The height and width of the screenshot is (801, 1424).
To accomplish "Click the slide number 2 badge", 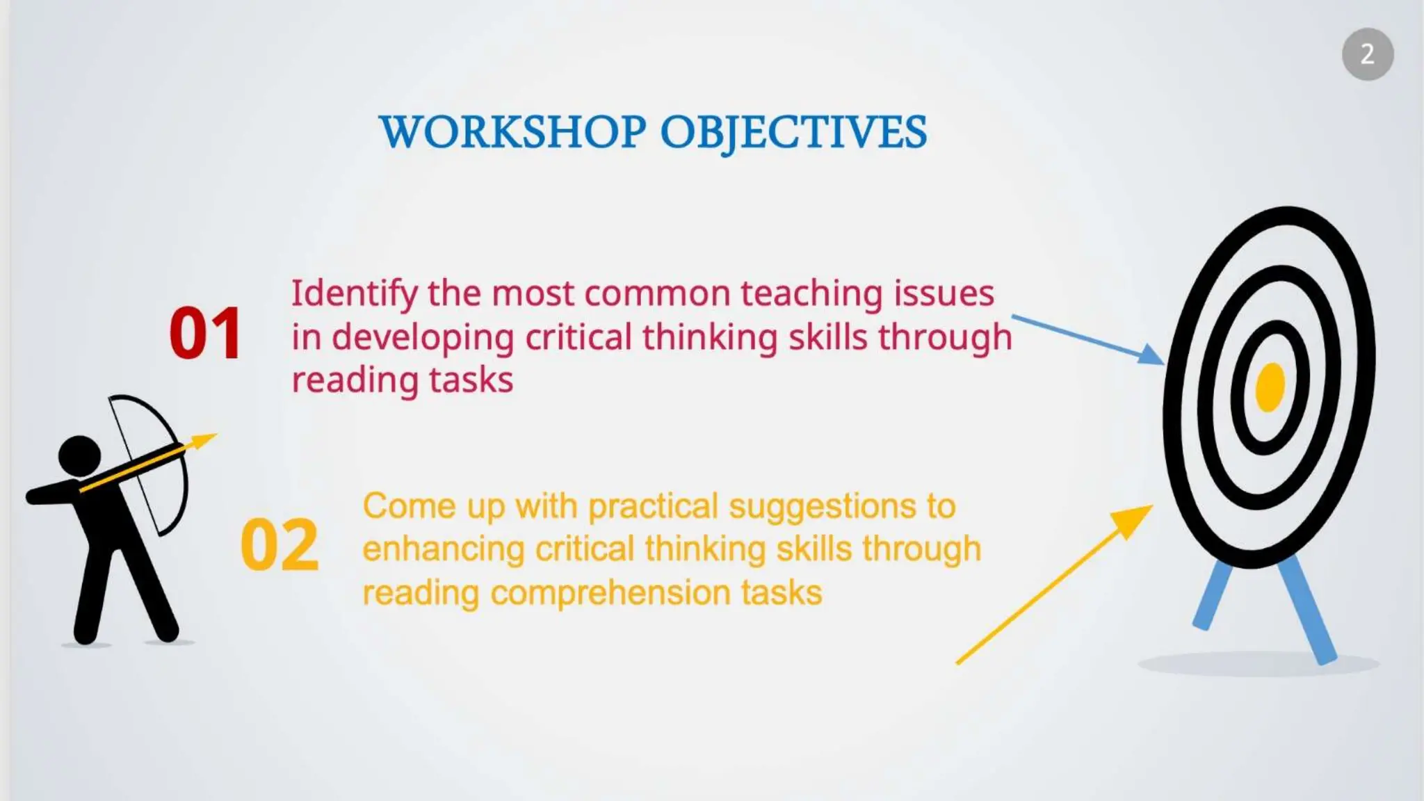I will point(1367,54).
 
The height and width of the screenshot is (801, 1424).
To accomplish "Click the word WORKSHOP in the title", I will point(512,132).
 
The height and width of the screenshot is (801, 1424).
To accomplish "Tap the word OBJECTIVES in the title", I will point(793,132).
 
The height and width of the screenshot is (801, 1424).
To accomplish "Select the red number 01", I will point(205,334).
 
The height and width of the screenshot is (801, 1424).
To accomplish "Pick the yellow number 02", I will point(280,546).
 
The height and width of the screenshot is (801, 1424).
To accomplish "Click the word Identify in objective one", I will point(354,294).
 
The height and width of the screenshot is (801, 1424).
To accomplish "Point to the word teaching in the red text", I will point(811,294).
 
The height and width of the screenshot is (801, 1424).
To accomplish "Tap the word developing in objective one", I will point(423,339).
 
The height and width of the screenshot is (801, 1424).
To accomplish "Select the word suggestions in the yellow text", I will point(822,507).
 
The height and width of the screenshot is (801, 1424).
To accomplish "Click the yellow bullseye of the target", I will point(1270,387).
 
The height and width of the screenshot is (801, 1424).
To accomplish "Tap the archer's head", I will point(79,456).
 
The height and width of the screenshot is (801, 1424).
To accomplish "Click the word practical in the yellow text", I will point(652,507).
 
